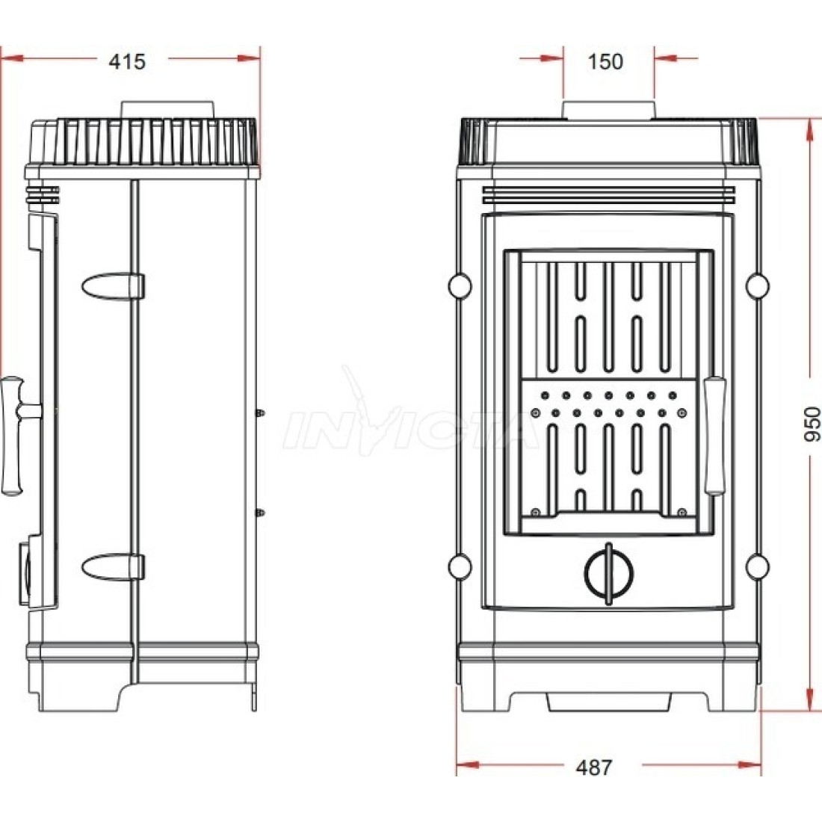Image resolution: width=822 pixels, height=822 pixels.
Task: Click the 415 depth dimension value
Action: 127,62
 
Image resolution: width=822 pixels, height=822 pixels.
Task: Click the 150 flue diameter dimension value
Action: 605,62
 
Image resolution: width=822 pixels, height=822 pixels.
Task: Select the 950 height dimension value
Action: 812,424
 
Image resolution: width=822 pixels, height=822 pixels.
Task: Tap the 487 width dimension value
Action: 593,767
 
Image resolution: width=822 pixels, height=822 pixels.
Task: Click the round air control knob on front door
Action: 608,573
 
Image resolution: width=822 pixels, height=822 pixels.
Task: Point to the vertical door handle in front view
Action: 714,436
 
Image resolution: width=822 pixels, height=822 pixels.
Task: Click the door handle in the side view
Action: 16,435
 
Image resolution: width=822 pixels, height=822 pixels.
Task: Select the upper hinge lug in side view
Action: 113,286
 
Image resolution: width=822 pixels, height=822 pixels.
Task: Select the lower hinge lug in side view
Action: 113,567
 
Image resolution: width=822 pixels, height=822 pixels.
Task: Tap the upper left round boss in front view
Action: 460,286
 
